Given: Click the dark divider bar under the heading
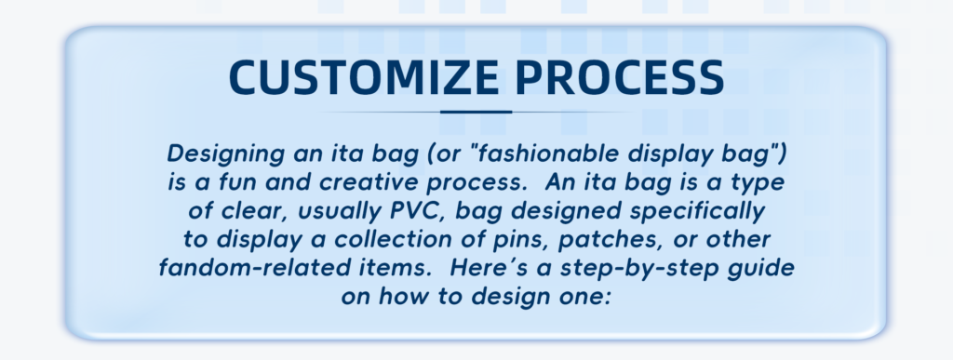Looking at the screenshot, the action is (476, 112).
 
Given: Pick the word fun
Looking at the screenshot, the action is (238, 181).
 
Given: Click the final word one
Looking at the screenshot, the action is (584, 296).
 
